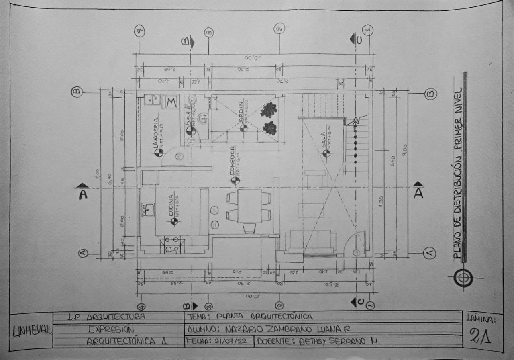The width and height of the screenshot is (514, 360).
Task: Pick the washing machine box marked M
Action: (171, 102)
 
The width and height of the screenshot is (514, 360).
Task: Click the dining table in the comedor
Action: (249, 206)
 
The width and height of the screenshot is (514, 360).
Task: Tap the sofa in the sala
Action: (310, 241)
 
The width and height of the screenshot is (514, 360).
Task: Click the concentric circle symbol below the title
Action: (463, 278)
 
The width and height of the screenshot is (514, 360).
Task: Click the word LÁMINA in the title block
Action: (481, 319)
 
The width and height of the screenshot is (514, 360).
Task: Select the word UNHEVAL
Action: (32, 331)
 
